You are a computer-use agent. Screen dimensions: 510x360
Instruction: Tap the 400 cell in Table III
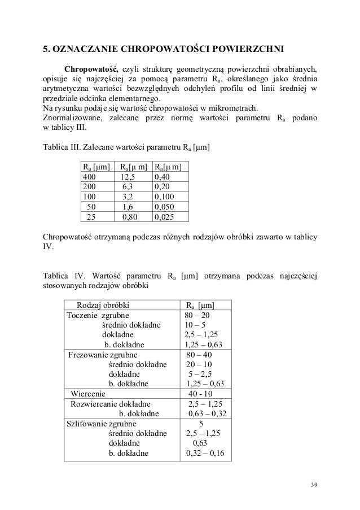coord(90,176)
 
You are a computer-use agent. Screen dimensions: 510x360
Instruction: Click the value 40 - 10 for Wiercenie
coord(201,394)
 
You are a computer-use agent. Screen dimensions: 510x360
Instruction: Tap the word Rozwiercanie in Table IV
coord(94,404)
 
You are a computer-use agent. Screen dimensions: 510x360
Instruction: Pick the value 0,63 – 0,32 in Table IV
coord(207,414)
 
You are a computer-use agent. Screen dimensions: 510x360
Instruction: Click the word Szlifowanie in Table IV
coord(86,424)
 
